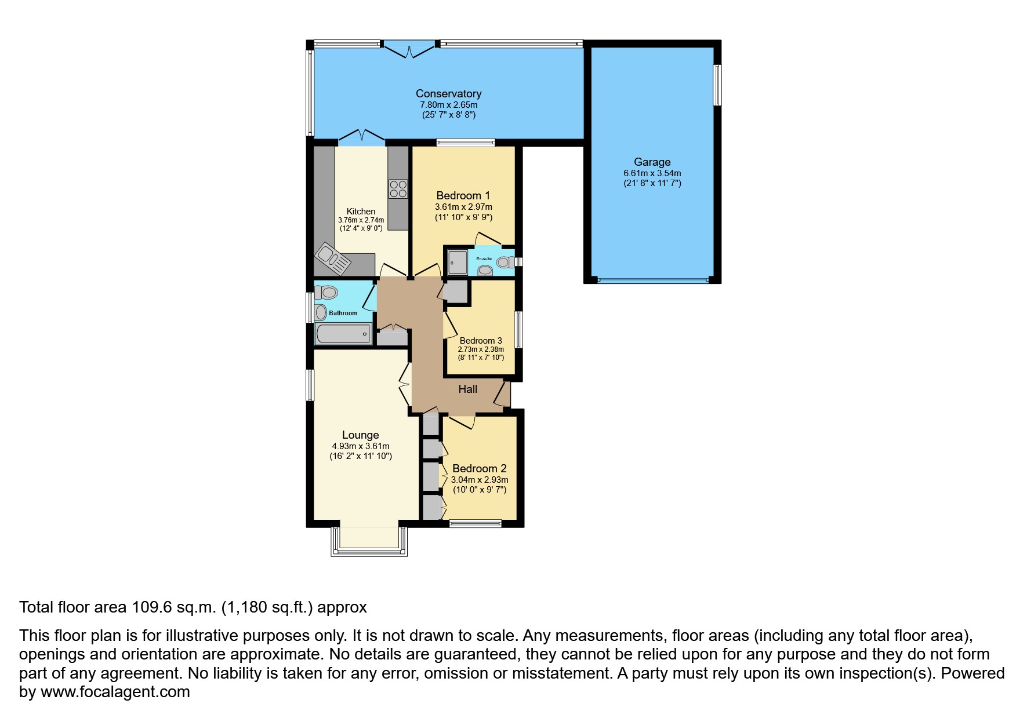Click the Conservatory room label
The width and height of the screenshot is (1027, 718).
[448, 93]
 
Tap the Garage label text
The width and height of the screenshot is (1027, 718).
[652, 162]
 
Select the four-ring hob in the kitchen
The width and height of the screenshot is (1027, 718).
[398, 189]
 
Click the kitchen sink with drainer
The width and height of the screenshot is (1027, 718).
[333, 259]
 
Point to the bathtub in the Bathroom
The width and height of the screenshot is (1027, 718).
[343, 334]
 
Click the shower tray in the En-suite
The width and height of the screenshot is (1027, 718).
[457, 263]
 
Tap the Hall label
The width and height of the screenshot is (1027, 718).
[467, 389]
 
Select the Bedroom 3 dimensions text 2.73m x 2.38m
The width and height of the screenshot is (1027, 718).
[481, 349]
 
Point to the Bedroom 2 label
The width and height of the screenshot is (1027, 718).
[480, 468]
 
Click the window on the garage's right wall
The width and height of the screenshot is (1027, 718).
[717, 85]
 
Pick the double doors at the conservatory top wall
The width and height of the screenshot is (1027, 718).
[410, 49]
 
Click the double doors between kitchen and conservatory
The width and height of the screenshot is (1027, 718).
[362, 136]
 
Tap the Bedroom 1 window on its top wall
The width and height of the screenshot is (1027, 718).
[466, 142]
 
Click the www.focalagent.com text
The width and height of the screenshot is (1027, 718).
[115, 692]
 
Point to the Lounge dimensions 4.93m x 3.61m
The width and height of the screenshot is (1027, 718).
[360, 446]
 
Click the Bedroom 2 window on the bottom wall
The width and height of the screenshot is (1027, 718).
[476, 523]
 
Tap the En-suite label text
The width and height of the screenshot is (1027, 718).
[484, 258]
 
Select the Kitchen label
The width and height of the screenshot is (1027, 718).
[361, 212]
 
